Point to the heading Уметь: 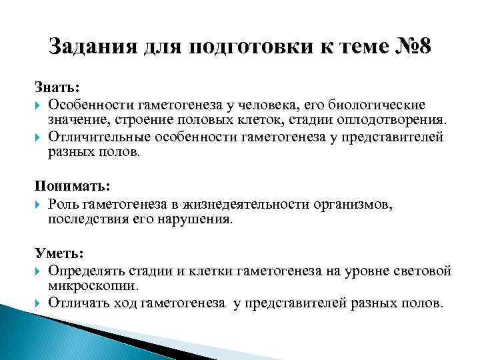(59, 253)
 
